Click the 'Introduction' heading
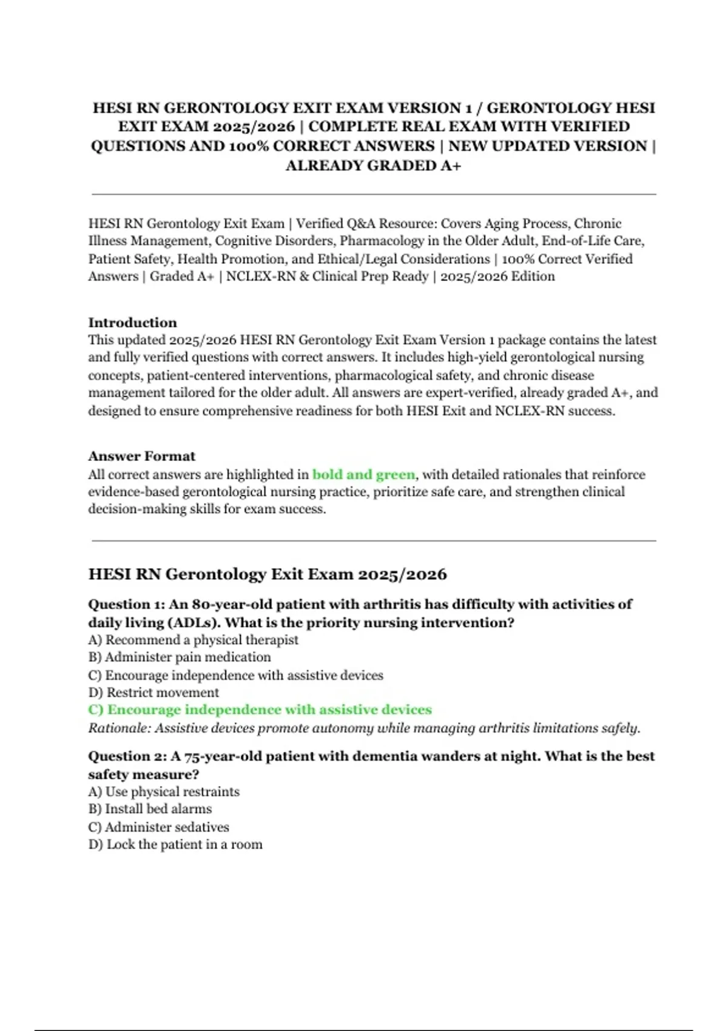point(132,323)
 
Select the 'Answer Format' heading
point(141,456)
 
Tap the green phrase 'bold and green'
point(363,474)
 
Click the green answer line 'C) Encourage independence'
point(260,710)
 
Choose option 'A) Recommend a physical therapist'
point(193,640)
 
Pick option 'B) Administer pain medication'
point(180,657)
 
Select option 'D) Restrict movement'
point(153,693)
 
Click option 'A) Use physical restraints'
point(164,791)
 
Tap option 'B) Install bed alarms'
point(150,809)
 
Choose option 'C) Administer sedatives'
point(158,827)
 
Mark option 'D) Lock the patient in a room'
point(175,844)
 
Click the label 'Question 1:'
point(126,605)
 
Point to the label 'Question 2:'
point(126,756)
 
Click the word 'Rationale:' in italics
point(119,728)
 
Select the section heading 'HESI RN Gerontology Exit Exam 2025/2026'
point(268,574)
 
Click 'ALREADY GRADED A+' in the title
point(373,166)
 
